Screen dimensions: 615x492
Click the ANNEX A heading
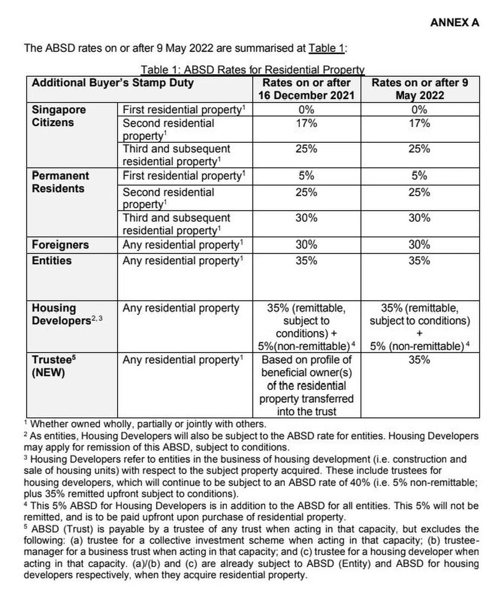click(x=454, y=22)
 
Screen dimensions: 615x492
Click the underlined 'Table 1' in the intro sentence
click(x=327, y=48)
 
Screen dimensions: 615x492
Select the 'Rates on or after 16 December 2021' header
click(x=306, y=89)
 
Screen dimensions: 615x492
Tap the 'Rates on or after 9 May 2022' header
click(x=419, y=89)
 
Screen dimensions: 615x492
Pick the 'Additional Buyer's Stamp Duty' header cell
click(x=113, y=83)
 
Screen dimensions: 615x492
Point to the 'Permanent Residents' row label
click(x=60, y=182)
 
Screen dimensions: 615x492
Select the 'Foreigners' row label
click(x=60, y=245)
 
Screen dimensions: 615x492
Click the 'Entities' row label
click(x=51, y=261)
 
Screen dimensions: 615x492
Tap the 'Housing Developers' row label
click(x=63, y=315)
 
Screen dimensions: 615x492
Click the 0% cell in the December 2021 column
click(x=306, y=110)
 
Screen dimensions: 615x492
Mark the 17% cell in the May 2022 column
click(x=419, y=123)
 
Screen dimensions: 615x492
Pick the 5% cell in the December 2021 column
click(x=306, y=176)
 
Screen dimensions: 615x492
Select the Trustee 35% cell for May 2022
click(x=419, y=360)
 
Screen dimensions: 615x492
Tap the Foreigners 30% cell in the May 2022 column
click(x=419, y=245)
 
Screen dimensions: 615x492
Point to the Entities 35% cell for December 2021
click(x=306, y=261)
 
